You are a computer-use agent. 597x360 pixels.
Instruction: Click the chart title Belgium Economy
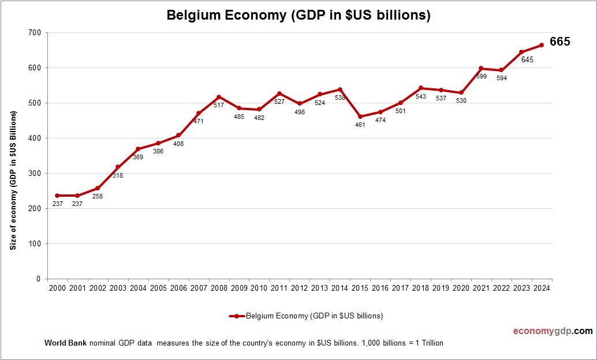(298, 15)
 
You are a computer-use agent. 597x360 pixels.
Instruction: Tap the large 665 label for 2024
(559, 42)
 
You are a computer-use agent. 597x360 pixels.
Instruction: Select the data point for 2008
(219, 97)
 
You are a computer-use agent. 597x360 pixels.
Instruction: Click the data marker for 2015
(360, 117)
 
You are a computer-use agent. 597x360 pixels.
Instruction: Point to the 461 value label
(360, 125)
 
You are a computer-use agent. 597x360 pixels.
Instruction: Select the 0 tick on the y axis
(38, 279)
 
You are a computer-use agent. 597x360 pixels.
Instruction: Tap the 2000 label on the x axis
(57, 288)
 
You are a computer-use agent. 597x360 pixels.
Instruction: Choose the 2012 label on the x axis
(300, 288)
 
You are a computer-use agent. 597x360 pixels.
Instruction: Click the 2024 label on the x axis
(542, 288)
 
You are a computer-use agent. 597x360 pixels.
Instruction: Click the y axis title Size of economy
(13, 180)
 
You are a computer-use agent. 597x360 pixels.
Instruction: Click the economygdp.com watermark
(553, 331)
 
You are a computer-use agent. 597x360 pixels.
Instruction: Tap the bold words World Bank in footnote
(65, 343)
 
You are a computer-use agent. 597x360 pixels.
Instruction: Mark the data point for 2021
(481, 68)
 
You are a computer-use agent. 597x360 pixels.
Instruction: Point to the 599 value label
(481, 76)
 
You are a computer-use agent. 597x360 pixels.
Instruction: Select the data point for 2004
(138, 149)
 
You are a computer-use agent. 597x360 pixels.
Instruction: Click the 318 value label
(118, 175)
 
